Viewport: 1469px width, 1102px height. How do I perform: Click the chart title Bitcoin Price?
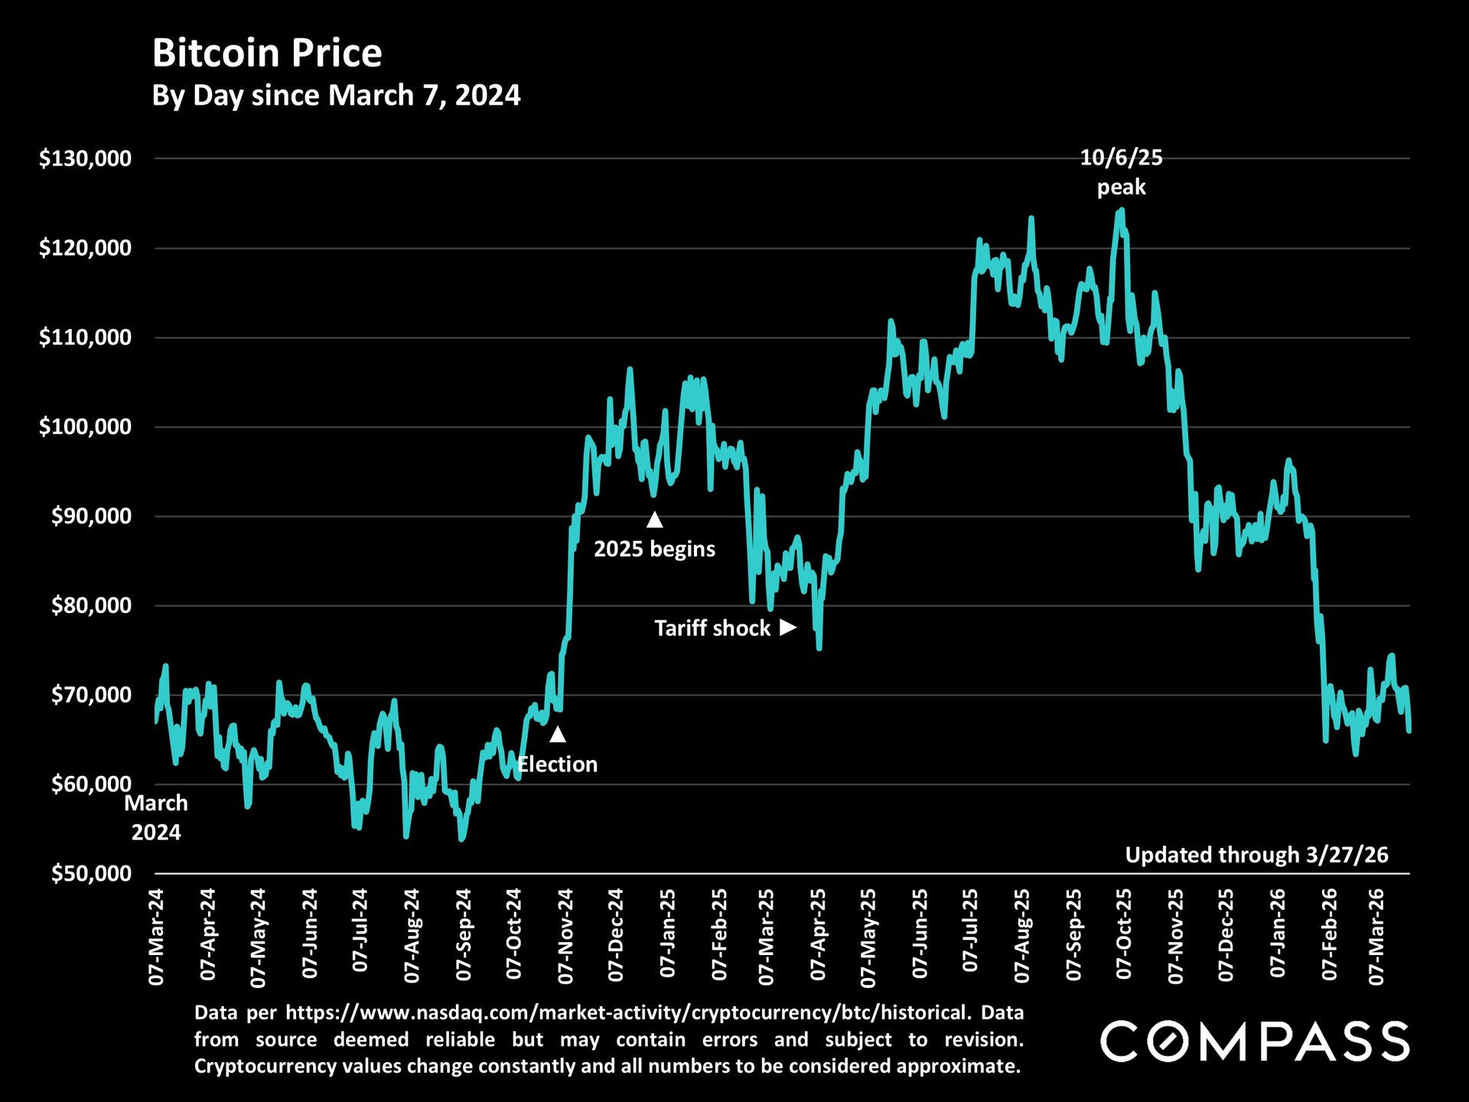[267, 54]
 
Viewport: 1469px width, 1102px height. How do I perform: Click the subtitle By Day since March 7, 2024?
[336, 96]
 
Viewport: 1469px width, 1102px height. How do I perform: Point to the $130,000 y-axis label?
[85, 158]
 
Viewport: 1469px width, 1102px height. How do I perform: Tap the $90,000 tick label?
[91, 517]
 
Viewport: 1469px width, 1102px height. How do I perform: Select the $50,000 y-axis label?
[91, 874]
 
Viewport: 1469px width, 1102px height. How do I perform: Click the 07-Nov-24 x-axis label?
[565, 935]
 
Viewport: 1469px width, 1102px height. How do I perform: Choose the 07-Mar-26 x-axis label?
[1376, 935]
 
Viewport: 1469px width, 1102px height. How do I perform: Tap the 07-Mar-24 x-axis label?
[157, 935]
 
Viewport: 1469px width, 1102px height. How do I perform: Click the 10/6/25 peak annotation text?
[1121, 172]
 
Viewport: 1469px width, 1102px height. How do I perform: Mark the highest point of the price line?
[1122, 209]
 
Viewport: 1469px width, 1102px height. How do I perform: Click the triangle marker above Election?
[558, 735]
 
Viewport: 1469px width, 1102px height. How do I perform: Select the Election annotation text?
[558, 765]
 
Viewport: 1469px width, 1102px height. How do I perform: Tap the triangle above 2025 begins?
[654, 520]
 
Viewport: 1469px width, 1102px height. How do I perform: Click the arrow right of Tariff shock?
[788, 628]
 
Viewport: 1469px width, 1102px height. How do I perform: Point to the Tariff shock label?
[712, 628]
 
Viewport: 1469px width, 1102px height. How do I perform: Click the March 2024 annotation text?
[156, 817]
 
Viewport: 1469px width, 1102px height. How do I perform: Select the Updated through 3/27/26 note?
[1256, 855]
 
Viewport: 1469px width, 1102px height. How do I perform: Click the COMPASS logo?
[1255, 1042]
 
